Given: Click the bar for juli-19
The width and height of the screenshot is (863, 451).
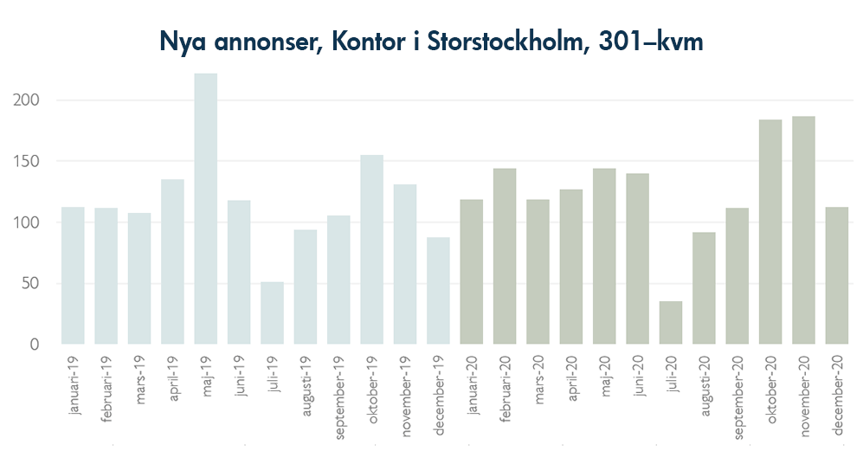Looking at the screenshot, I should [272, 312].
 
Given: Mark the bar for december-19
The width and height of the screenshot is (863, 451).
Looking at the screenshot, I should [438, 290].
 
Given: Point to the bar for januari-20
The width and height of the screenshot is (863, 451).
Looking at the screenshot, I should [471, 272].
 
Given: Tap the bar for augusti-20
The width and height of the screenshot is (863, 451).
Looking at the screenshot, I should [704, 287].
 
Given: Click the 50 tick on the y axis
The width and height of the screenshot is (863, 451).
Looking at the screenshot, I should [32, 284].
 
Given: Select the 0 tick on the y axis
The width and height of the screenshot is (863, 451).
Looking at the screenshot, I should [35, 345].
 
